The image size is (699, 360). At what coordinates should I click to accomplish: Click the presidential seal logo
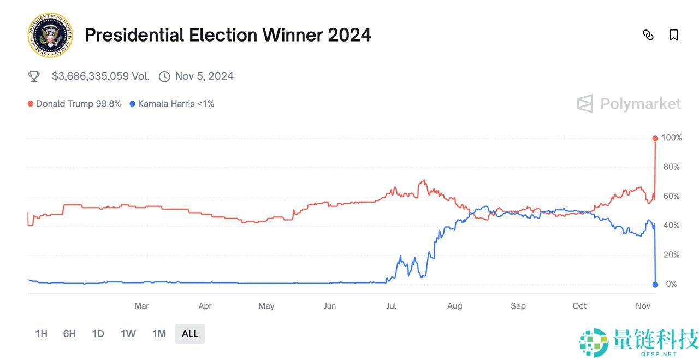(x=50, y=36)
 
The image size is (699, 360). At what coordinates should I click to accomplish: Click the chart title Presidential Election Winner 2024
(x=228, y=36)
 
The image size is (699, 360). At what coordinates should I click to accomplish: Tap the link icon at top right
(x=648, y=36)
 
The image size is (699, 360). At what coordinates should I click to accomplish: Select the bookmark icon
(x=674, y=36)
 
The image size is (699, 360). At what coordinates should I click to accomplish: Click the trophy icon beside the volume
(x=34, y=76)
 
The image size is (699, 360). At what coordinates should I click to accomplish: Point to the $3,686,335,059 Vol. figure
(x=100, y=76)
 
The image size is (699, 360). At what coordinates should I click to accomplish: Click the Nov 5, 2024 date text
(x=204, y=76)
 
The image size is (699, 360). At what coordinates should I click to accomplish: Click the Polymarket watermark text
(x=640, y=104)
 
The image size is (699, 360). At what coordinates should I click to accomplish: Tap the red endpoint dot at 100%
(x=655, y=138)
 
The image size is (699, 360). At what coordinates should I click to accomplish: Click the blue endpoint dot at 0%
(x=655, y=284)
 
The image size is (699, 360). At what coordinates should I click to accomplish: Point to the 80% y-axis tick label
(x=671, y=167)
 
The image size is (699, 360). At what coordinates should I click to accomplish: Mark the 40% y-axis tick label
(x=671, y=226)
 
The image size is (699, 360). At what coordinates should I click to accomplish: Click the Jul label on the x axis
(x=391, y=306)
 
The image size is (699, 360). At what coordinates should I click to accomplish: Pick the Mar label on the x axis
(x=141, y=306)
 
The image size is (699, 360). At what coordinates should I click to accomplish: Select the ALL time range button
(x=190, y=334)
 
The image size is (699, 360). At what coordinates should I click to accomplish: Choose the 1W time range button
(x=128, y=334)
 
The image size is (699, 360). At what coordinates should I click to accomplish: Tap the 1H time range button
(x=41, y=334)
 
